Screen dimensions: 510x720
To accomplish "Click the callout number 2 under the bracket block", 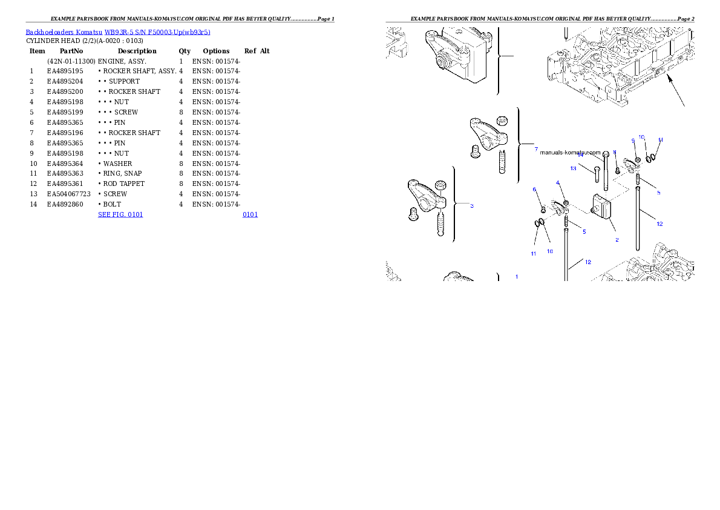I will coord(617,239).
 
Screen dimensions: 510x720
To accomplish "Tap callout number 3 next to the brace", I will coord(472,206).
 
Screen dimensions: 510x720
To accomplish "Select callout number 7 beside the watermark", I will coord(535,149).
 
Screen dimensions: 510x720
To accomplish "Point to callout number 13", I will coord(573,168).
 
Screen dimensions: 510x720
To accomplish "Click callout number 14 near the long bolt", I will coord(580,155).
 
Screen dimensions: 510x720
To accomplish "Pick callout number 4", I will coord(558,183).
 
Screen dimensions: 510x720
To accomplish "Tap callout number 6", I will coord(534,190).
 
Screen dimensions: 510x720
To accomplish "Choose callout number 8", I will coord(614,153).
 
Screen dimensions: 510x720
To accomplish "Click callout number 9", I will coord(633,141).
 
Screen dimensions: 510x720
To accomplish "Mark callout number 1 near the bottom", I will coord(516,276).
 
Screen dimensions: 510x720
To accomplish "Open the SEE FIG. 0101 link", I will coord(121,214).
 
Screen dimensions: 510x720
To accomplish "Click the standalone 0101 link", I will coord(250,214).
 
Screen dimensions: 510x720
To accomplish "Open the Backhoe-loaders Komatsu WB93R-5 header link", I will coord(118,32).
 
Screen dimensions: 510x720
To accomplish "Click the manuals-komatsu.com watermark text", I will coord(569,153).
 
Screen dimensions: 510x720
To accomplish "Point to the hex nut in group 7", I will coord(502,121).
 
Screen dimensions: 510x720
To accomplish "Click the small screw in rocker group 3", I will coord(414,214).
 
